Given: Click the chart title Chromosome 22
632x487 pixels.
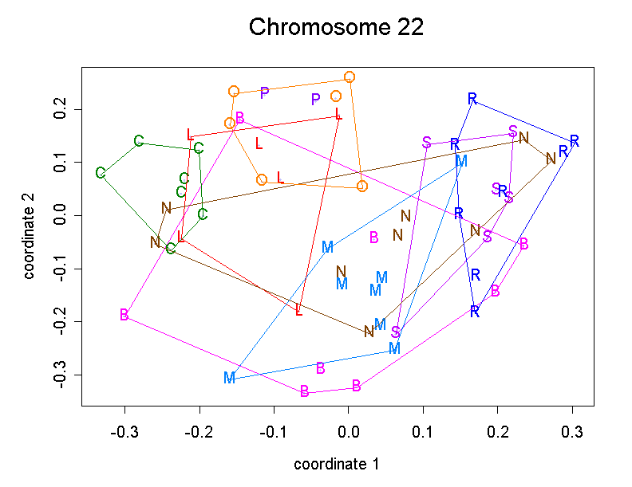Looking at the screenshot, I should (335, 27).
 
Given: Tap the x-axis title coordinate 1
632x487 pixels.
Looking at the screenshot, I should (335, 464).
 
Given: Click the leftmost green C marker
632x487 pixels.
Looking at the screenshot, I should (101, 173).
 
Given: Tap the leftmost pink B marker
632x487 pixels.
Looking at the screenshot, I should (124, 315).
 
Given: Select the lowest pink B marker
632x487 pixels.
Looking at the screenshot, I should (304, 391).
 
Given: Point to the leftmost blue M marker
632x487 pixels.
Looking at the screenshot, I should (230, 378).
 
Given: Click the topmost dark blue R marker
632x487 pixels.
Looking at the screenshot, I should (472, 99).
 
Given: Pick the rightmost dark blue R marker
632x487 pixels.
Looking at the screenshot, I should (574, 141).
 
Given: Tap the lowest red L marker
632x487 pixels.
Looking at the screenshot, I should (299, 310).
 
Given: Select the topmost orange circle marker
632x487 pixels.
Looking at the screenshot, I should (350, 77).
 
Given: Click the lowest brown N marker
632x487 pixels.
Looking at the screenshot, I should (369, 331).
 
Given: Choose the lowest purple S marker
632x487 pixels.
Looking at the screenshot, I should (395, 332).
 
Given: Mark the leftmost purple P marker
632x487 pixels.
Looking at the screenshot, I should (265, 92).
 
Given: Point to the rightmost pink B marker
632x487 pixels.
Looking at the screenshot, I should (523, 244).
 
